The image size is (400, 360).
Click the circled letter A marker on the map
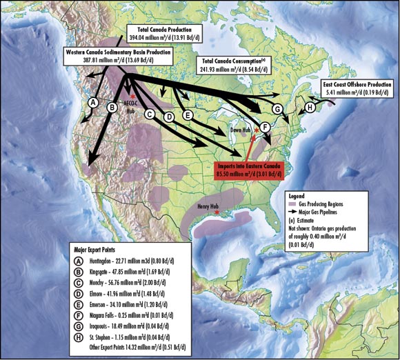click(x=92, y=101)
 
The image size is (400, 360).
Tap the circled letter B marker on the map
click(x=112, y=106)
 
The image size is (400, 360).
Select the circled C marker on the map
click(x=149, y=113)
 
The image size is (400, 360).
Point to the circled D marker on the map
click(x=168, y=118)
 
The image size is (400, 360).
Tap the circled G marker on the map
click(x=277, y=109)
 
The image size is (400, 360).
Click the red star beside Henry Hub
click(x=218, y=213)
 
